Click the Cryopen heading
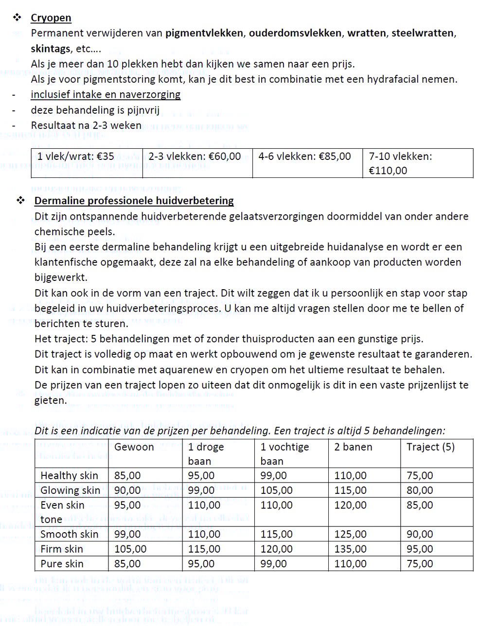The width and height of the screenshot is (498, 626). [x=51, y=18]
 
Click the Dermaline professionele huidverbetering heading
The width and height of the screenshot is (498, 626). [x=134, y=201]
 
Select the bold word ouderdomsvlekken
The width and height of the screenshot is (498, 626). [x=295, y=34]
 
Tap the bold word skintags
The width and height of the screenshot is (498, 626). [x=51, y=49]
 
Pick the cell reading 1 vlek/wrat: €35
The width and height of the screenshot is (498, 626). [x=76, y=156]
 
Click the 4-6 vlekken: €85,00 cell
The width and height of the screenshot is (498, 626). [x=304, y=156]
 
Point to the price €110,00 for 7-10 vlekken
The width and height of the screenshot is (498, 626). [x=388, y=171]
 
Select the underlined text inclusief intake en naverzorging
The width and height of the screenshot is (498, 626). [x=106, y=95]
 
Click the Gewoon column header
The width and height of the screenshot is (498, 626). [x=134, y=447]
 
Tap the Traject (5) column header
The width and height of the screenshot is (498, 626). [x=430, y=447]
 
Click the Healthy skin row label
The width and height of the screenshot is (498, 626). [x=69, y=476]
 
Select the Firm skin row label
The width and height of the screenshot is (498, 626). [x=62, y=549]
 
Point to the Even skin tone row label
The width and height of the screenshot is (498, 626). [x=62, y=512]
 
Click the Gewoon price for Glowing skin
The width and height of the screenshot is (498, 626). [x=127, y=490]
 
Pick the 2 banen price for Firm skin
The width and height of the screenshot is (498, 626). [x=350, y=549]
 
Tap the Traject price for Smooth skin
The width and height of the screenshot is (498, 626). [x=420, y=535]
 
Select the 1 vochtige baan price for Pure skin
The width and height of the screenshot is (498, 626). [x=274, y=564]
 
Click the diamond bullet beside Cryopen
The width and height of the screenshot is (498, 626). [x=18, y=18]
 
